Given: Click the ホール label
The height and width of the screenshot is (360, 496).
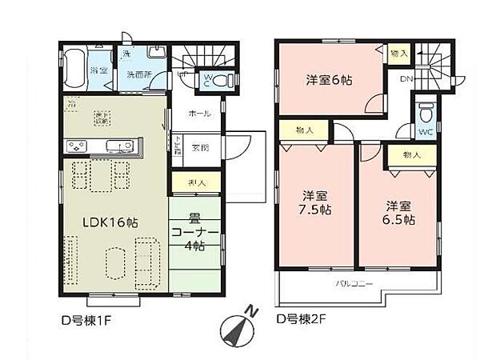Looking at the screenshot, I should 199,114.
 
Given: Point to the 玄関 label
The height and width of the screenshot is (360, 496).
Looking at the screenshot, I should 200,149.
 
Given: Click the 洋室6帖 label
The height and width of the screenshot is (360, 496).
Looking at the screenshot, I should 328,80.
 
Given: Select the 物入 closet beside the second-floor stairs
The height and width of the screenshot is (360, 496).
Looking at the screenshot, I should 398,53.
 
